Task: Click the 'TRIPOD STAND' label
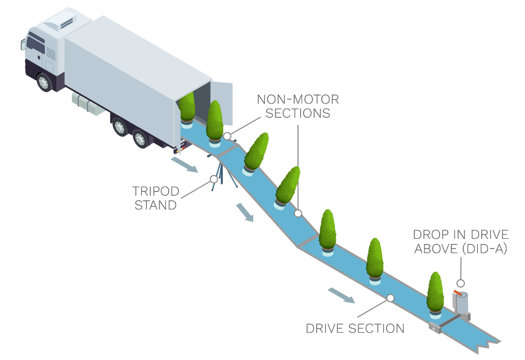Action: [155, 198]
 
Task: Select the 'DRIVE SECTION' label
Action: [355, 328]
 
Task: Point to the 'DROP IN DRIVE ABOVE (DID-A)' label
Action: [461, 241]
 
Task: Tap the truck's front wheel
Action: [44, 82]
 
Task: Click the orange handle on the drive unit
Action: [458, 292]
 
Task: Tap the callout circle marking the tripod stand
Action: [214, 179]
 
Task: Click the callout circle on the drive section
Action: [390, 298]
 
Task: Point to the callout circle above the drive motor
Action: [461, 283]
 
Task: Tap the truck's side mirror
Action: [23, 44]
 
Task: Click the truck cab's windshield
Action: [35, 45]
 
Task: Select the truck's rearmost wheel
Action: [140, 138]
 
